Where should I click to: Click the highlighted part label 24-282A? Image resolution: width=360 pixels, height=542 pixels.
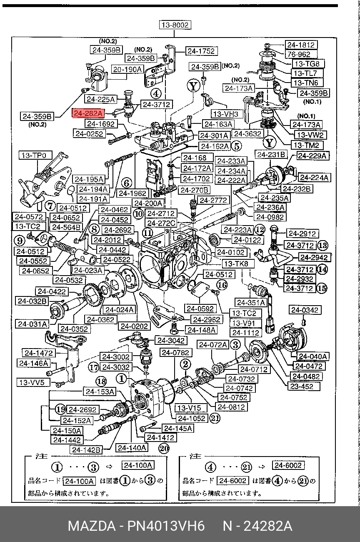click(x=88, y=113)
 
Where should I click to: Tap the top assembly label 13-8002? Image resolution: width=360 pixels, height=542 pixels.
click(x=175, y=25)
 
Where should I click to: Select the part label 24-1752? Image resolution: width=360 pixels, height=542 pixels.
click(x=201, y=51)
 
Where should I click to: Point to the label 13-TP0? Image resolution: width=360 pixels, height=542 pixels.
click(x=35, y=155)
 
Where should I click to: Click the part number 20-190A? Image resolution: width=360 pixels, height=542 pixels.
click(x=127, y=70)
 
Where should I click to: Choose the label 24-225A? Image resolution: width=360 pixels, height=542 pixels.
click(x=100, y=99)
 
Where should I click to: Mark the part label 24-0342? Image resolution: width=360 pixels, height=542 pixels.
click(x=305, y=310)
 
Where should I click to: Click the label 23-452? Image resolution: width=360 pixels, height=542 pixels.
click(x=304, y=386)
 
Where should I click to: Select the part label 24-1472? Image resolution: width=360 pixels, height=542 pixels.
click(x=39, y=353)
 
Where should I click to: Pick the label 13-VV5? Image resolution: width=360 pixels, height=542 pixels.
click(x=33, y=382)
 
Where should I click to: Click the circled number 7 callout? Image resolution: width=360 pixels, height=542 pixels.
click(x=50, y=206)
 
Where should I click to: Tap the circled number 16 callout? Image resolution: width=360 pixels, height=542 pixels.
click(x=222, y=285)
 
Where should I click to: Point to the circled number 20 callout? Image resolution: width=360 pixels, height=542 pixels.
click(x=164, y=448)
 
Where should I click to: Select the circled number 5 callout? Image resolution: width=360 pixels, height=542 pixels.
click(x=236, y=146)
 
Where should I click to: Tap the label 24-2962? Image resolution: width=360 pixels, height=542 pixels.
click(x=206, y=320)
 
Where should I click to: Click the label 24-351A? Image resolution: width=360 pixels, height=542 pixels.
click(x=251, y=302)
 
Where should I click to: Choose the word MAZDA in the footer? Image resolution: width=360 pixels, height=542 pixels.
click(x=92, y=526)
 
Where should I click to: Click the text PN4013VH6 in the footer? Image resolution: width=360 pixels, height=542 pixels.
click(x=166, y=526)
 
